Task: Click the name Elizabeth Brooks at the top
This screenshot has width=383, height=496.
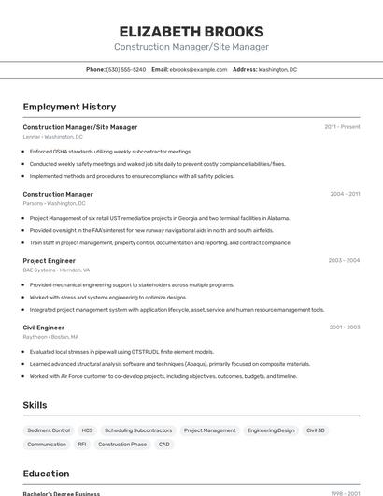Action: (191, 31)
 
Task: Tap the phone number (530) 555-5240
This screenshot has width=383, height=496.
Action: (125, 69)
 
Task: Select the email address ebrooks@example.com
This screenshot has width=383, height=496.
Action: (197, 69)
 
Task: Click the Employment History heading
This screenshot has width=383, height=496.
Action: (69, 107)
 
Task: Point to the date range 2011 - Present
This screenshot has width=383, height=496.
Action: (342, 126)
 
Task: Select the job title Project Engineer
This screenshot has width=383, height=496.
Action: (49, 260)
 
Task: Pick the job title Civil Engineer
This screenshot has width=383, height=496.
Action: (43, 328)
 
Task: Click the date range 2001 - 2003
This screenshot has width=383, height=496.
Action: (344, 328)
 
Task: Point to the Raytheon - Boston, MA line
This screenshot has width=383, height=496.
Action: (50, 337)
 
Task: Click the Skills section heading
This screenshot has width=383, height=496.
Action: (35, 404)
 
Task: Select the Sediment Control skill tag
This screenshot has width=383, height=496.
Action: (48, 430)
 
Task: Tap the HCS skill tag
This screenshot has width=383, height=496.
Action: (87, 430)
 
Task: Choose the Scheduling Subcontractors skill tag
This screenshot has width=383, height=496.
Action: (138, 430)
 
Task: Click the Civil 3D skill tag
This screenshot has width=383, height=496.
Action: (316, 430)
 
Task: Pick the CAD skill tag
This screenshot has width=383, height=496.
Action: (164, 445)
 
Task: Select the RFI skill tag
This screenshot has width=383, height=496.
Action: (82, 445)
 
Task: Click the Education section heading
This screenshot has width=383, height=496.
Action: (46, 474)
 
